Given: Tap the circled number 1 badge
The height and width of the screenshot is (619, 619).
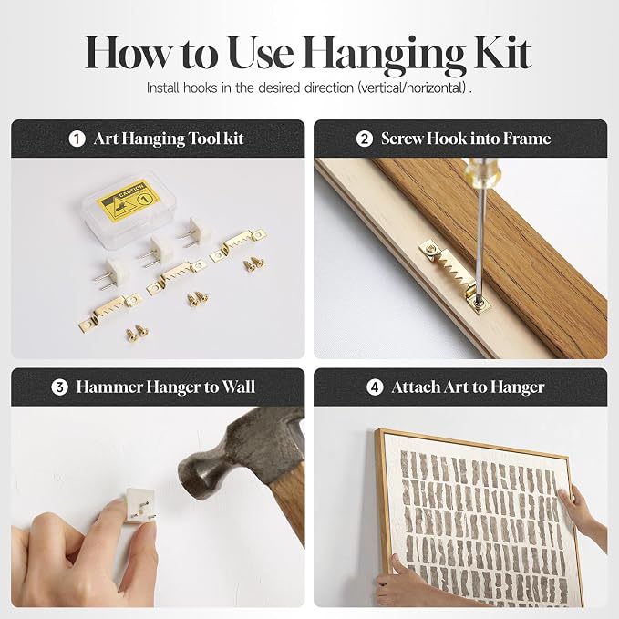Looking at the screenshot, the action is (77, 139).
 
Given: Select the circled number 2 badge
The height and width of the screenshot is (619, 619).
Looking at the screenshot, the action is (365, 139).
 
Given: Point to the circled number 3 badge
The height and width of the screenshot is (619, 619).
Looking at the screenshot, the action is (59, 387).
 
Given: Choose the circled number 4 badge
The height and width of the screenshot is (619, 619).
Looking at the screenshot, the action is (375, 387).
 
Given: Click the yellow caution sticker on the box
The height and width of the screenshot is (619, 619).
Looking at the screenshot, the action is (129, 201).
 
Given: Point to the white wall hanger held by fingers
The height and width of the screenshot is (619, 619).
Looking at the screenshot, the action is (139, 506).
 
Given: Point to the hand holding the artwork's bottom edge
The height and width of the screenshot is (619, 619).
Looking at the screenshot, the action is (410, 584).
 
